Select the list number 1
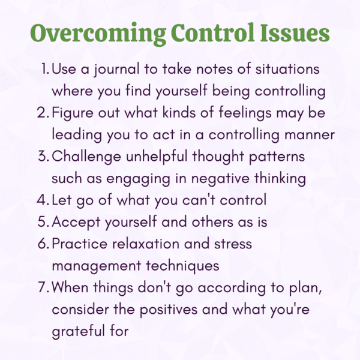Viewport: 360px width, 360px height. point(45,69)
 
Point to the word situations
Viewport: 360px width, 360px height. point(287,69)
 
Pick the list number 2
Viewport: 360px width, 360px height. point(43,113)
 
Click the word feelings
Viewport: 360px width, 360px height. point(245,113)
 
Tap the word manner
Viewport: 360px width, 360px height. point(310,135)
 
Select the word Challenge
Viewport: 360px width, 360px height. point(86,157)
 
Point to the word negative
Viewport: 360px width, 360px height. point(220,179)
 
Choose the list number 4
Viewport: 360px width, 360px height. point(43,200)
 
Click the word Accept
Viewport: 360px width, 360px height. point(76,223)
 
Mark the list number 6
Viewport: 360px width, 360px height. point(43,244)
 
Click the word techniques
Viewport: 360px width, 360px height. point(182,266)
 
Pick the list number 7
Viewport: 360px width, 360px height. point(44,287)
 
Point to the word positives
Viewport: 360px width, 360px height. point(169,310)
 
